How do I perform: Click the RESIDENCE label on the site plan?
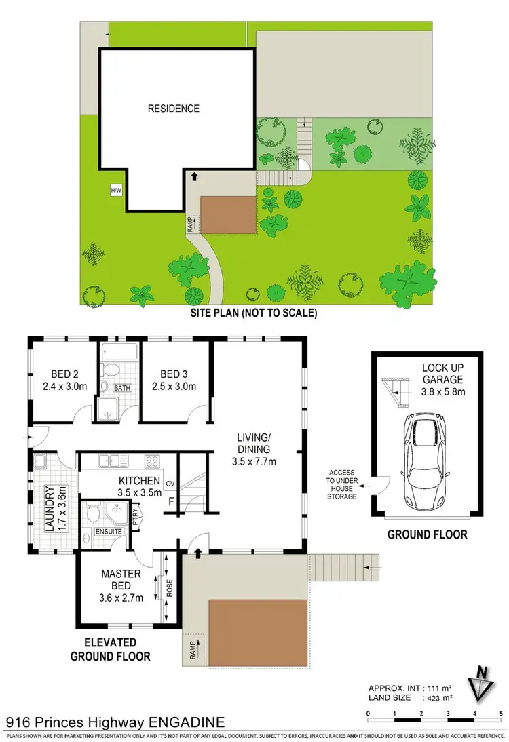point(174,109)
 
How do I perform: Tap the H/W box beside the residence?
point(115,191)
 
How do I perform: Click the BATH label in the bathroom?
point(122,388)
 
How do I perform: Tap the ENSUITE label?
point(109,531)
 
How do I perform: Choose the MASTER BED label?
point(121,574)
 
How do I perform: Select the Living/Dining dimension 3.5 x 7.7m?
point(254,462)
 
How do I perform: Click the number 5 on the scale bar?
point(501,714)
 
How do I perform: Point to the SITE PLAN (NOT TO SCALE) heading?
point(254,313)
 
